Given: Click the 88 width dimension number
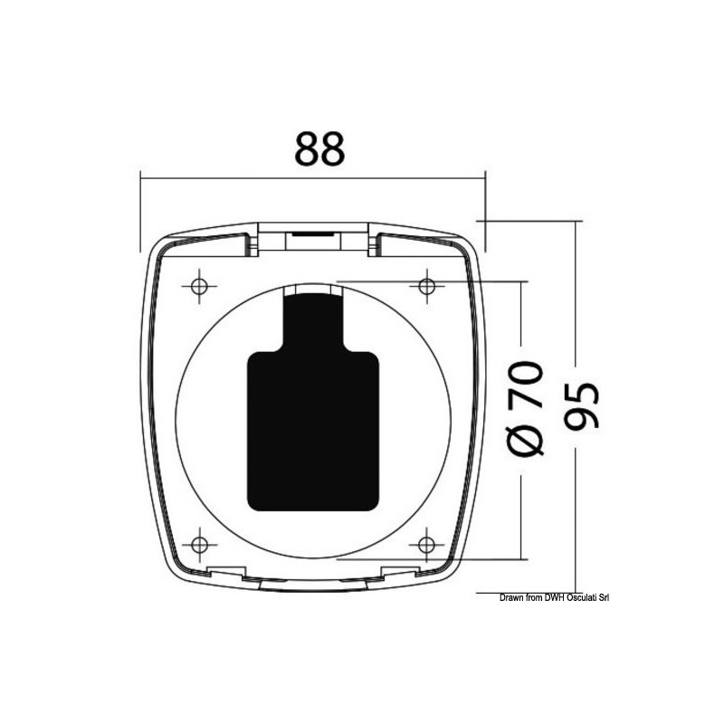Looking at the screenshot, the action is point(319,148).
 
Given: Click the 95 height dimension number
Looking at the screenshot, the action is point(582,405).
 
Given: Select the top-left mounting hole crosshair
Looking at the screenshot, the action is point(199,286).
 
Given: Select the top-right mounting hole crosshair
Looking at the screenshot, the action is point(426,286).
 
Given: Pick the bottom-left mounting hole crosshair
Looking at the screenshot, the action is point(199,545).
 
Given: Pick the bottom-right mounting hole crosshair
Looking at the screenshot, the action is point(426,545).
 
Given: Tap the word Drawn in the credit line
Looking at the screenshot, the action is point(510,598).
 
